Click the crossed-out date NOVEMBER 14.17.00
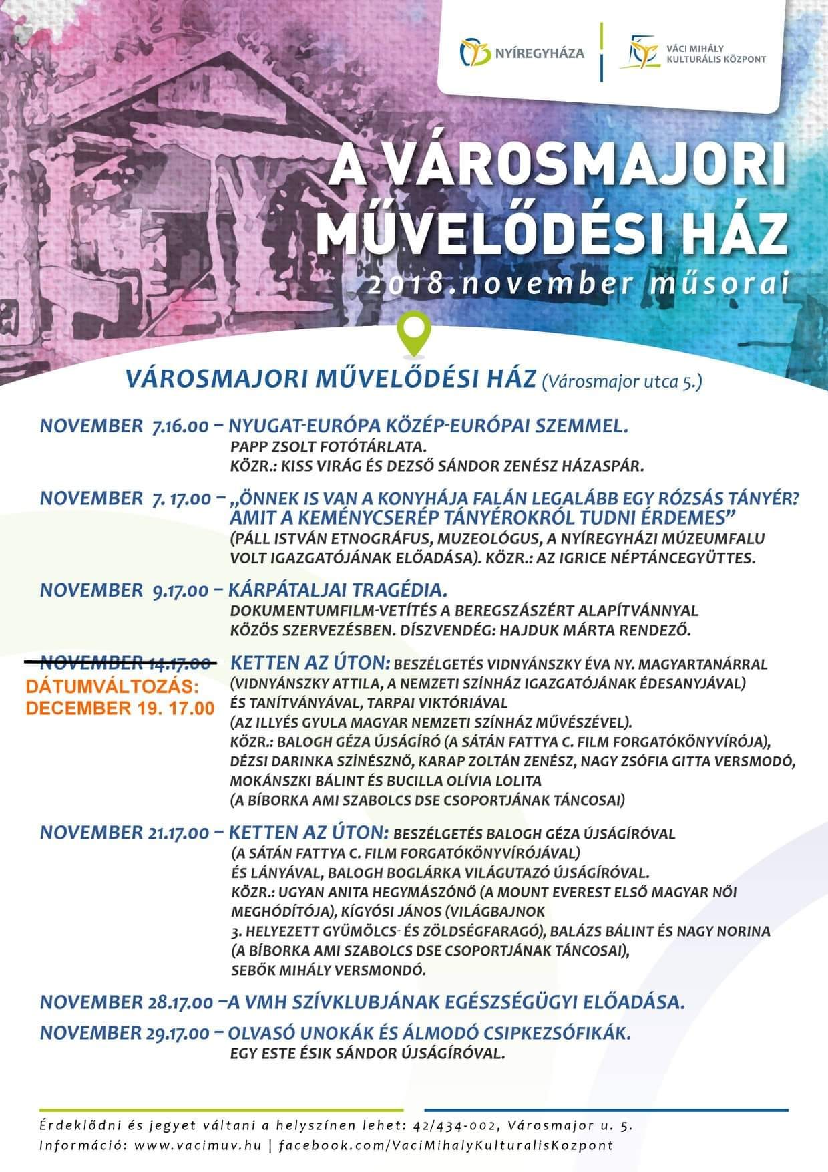(x=128, y=664)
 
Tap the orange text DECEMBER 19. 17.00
(x=120, y=708)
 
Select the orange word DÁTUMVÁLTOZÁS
(x=112, y=686)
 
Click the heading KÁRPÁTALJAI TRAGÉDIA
(x=338, y=591)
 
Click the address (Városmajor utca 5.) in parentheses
(x=622, y=381)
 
